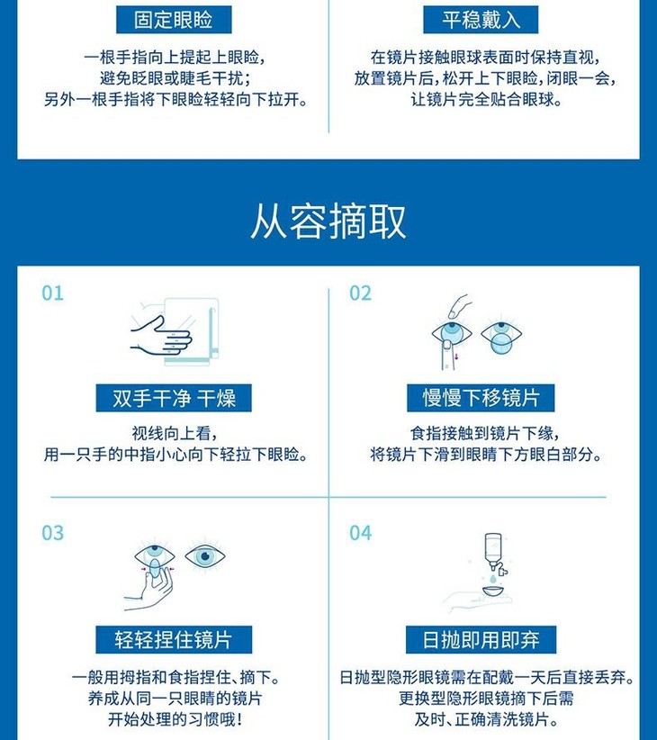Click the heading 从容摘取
[x=328, y=221]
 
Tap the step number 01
[x=52, y=293]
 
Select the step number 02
[x=360, y=293]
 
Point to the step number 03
[x=52, y=533]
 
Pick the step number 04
[x=360, y=533]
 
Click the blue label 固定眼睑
[x=174, y=20]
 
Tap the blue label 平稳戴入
[x=481, y=20]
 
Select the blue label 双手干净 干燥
[x=174, y=398]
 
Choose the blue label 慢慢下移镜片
[x=481, y=398]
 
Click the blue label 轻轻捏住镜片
[x=174, y=640]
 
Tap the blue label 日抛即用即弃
[x=481, y=640]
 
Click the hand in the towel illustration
[x=161, y=336]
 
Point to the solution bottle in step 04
[x=494, y=551]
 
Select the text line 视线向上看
[x=174, y=433]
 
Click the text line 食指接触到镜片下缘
[x=485, y=433]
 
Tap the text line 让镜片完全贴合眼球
[x=486, y=100]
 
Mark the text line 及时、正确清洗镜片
[x=486, y=719]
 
